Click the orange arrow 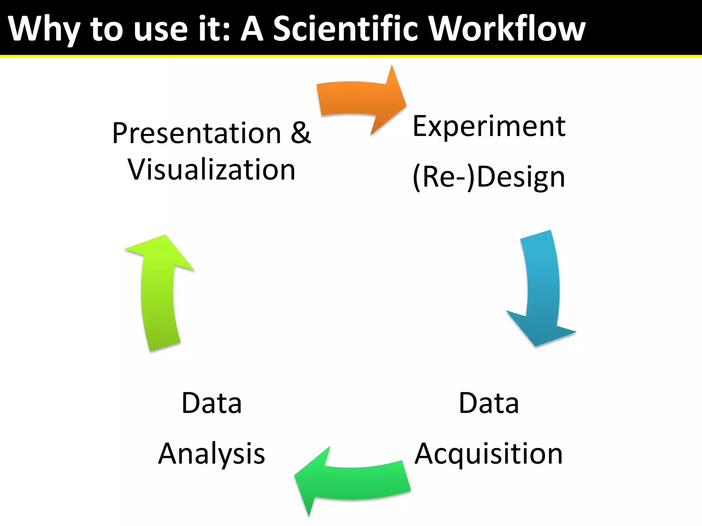coord(356,99)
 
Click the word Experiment coord(489,127)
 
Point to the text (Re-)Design coord(489,177)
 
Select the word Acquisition coord(489,454)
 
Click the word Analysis coord(211,454)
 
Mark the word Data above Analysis coord(211,403)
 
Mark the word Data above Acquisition coord(489,403)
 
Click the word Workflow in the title coord(507,29)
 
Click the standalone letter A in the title coord(252,29)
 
